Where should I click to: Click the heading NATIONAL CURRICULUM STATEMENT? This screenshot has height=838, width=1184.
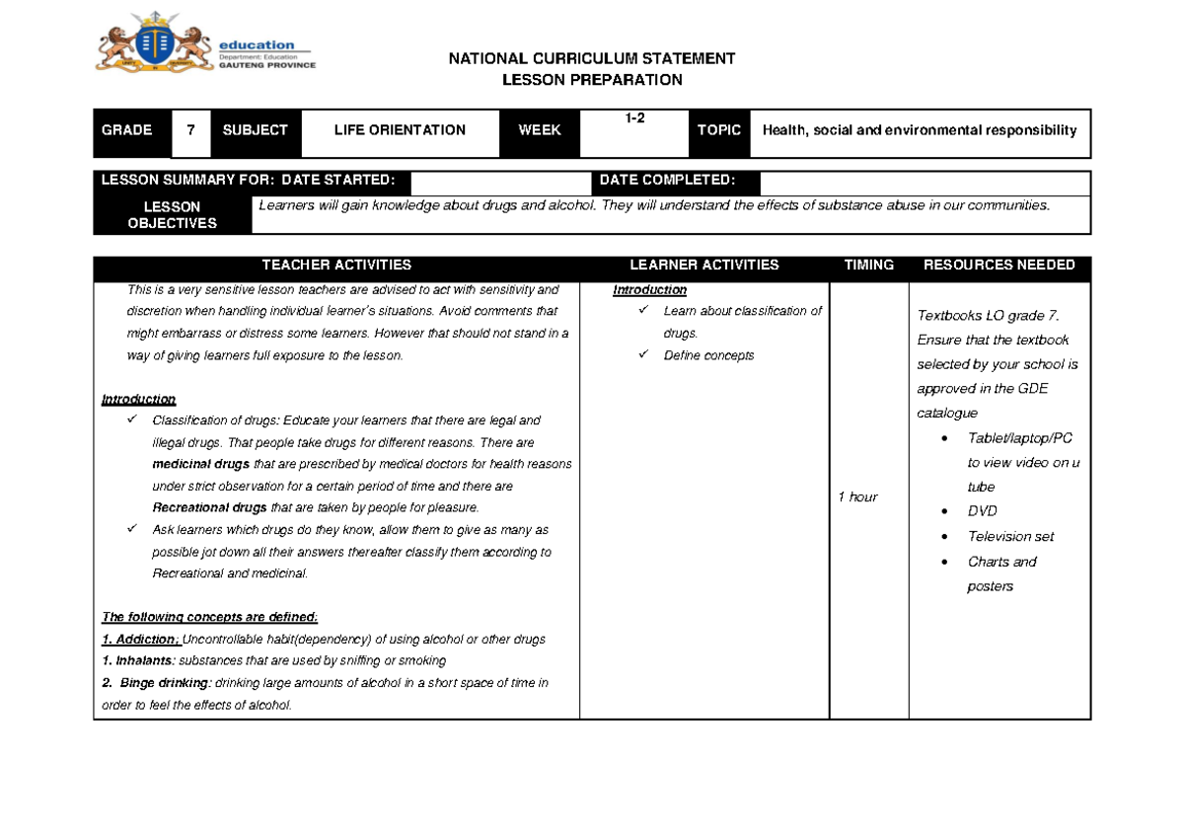pos(592,58)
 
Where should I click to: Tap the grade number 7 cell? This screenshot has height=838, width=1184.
pos(190,130)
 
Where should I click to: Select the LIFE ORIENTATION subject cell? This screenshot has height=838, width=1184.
pos(400,130)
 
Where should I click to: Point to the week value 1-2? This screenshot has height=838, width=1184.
pos(633,118)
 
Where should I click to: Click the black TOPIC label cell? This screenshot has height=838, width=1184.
pos(719,130)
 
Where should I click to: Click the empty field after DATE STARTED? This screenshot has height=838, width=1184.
pos(499,182)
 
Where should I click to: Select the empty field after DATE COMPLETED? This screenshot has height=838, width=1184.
pos(925,182)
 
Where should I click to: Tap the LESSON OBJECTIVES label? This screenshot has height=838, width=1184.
pos(173,215)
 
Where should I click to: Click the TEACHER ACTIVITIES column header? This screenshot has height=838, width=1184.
pos(336,266)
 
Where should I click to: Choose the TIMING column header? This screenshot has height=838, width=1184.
pos(868,266)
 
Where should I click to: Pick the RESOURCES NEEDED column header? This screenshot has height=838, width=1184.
pos(999,266)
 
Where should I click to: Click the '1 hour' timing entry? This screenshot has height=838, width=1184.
pos(857,497)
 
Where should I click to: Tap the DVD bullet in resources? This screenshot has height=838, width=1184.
pos(982,511)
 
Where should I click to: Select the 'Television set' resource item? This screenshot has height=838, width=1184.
pos(1010,537)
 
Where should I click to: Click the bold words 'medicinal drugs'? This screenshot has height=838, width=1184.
pos(201,465)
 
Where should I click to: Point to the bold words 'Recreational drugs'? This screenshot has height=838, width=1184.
pos(209,508)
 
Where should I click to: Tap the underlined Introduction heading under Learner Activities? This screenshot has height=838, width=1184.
pos(649,290)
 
